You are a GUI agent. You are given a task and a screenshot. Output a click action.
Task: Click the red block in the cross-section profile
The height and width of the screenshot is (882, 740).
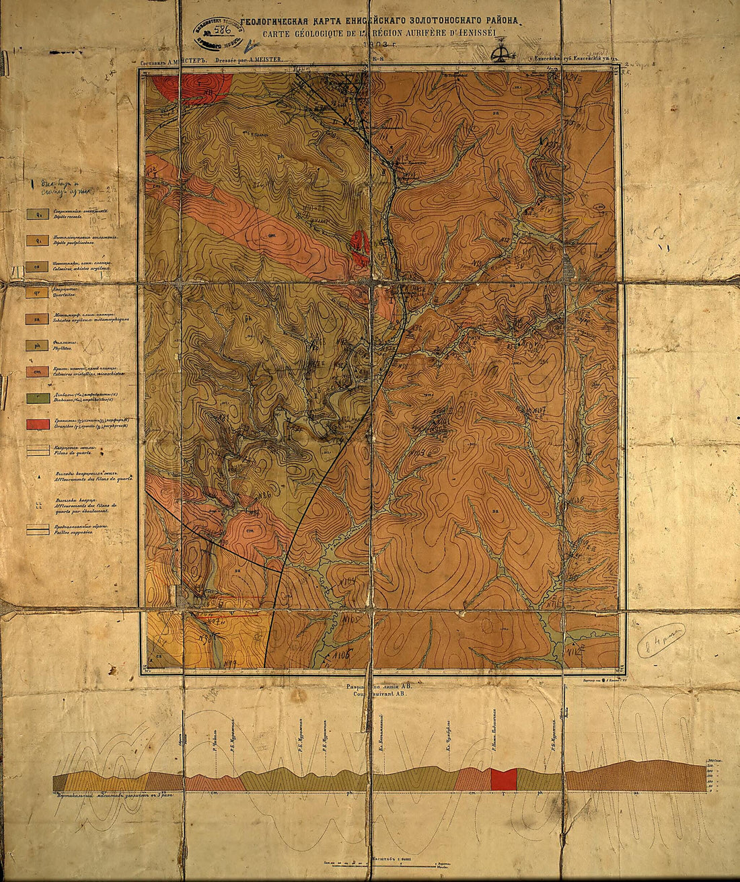(503, 779)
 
